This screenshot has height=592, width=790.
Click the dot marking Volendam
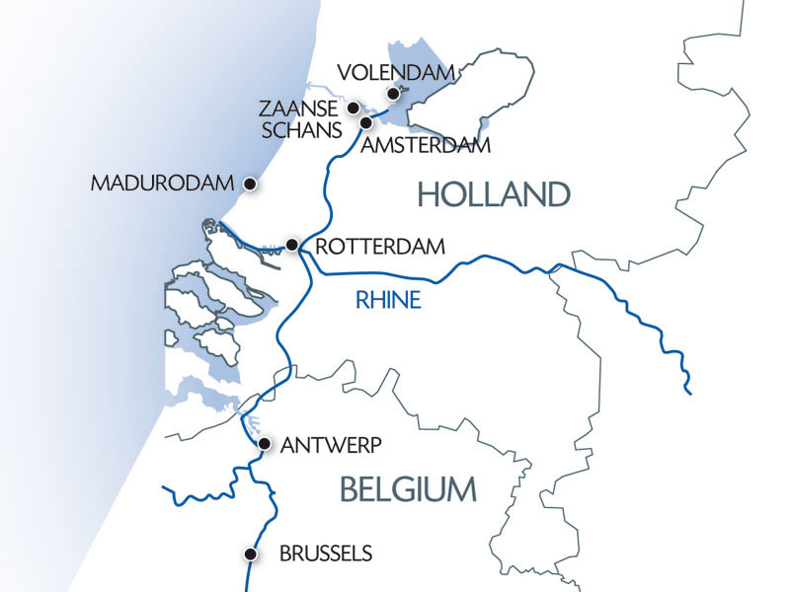pyautogui.click(x=393, y=94)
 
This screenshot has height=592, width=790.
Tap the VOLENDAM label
pyautogui.click(x=395, y=72)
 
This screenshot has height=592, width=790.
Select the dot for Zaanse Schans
pyautogui.click(x=353, y=108)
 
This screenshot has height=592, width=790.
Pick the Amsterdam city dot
pyautogui.click(x=365, y=123)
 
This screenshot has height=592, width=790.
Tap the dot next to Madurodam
pyautogui.click(x=251, y=184)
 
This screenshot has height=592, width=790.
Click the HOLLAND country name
pyautogui.click(x=493, y=194)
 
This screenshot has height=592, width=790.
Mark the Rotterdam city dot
pyautogui.click(x=292, y=244)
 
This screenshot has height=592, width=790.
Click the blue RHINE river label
pyautogui.click(x=389, y=301)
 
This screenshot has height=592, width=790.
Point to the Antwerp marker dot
pyautogui.click(x=264, y=445)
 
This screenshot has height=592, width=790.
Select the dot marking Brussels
pyautogui.click(x=252, y=555)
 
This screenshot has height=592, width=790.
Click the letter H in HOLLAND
pyautogui.click(x=428, y=194)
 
